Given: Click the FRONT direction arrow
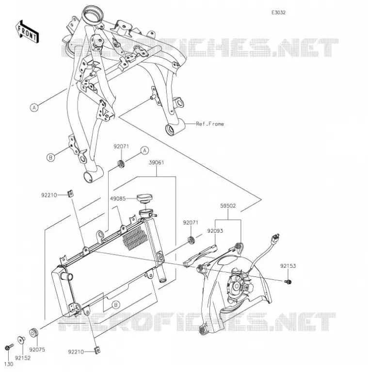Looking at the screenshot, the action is pos(27,32).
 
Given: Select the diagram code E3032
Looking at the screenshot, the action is pos(278,13).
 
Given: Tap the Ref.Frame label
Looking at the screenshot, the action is pos(210,124).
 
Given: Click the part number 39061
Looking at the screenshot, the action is pos(156,162).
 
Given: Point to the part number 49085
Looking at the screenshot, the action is pos(118,198).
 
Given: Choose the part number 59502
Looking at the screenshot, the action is pos(228,206).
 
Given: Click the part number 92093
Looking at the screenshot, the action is pos(215,231).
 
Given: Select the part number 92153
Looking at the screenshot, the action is pos(288,266).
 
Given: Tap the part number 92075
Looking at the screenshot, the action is pos(37,350).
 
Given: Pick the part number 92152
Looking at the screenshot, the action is pos(22,358).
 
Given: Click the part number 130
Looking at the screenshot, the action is pos(9,364).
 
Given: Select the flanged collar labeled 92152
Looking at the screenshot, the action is pos(21,340).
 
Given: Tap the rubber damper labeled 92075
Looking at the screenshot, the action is pos(33,333).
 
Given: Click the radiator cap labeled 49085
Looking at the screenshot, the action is pos(144,198).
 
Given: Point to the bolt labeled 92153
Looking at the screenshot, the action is pos(288,281).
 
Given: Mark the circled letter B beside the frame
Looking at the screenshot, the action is pos(51,157).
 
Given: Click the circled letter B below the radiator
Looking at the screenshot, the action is pos(116,305).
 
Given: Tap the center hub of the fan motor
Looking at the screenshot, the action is pos(237,287).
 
